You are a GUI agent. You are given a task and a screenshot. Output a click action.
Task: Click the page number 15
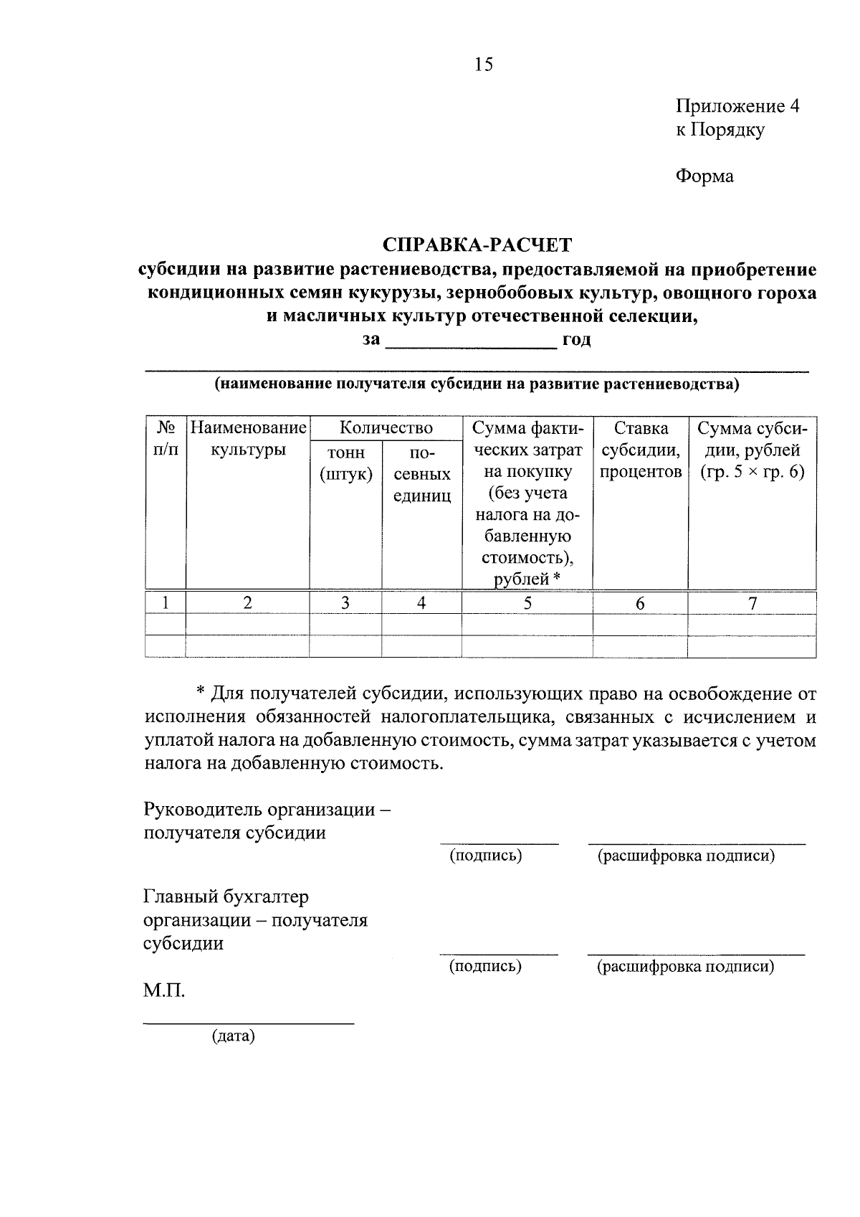pos(483,65)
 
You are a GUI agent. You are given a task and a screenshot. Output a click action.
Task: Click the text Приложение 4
pos(737,107)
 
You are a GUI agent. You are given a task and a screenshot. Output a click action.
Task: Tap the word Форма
pos(704,176)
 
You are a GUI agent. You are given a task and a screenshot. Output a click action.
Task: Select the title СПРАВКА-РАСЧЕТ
pos(477,245)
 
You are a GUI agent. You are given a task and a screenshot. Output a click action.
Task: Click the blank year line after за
pos(471,341)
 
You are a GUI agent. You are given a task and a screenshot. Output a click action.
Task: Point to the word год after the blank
pos(576,340)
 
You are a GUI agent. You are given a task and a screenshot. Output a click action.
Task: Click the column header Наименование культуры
pos(247,440)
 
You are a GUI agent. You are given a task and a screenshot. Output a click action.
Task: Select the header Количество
pos(386,428)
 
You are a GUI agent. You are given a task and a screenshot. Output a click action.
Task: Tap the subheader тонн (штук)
pos(345,463)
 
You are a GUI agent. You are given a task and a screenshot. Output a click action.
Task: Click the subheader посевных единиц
pos(421,474)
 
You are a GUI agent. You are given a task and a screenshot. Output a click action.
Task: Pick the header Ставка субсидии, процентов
pos(640,450)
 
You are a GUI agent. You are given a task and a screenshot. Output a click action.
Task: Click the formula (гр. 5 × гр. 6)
pos(752,473)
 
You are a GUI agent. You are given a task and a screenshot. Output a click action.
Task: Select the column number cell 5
pos(527,603)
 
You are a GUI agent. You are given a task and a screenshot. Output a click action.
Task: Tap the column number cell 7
pos(752,603)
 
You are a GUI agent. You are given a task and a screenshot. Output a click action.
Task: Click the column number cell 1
pos(166,603)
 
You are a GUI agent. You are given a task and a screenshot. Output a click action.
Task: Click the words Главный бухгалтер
pos(226,897)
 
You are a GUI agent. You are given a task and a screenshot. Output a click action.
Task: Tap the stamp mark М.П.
pos(164,992)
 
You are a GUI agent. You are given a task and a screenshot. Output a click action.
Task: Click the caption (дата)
pos(233,1036)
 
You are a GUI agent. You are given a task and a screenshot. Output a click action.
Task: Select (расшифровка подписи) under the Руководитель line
pos(686,856)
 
